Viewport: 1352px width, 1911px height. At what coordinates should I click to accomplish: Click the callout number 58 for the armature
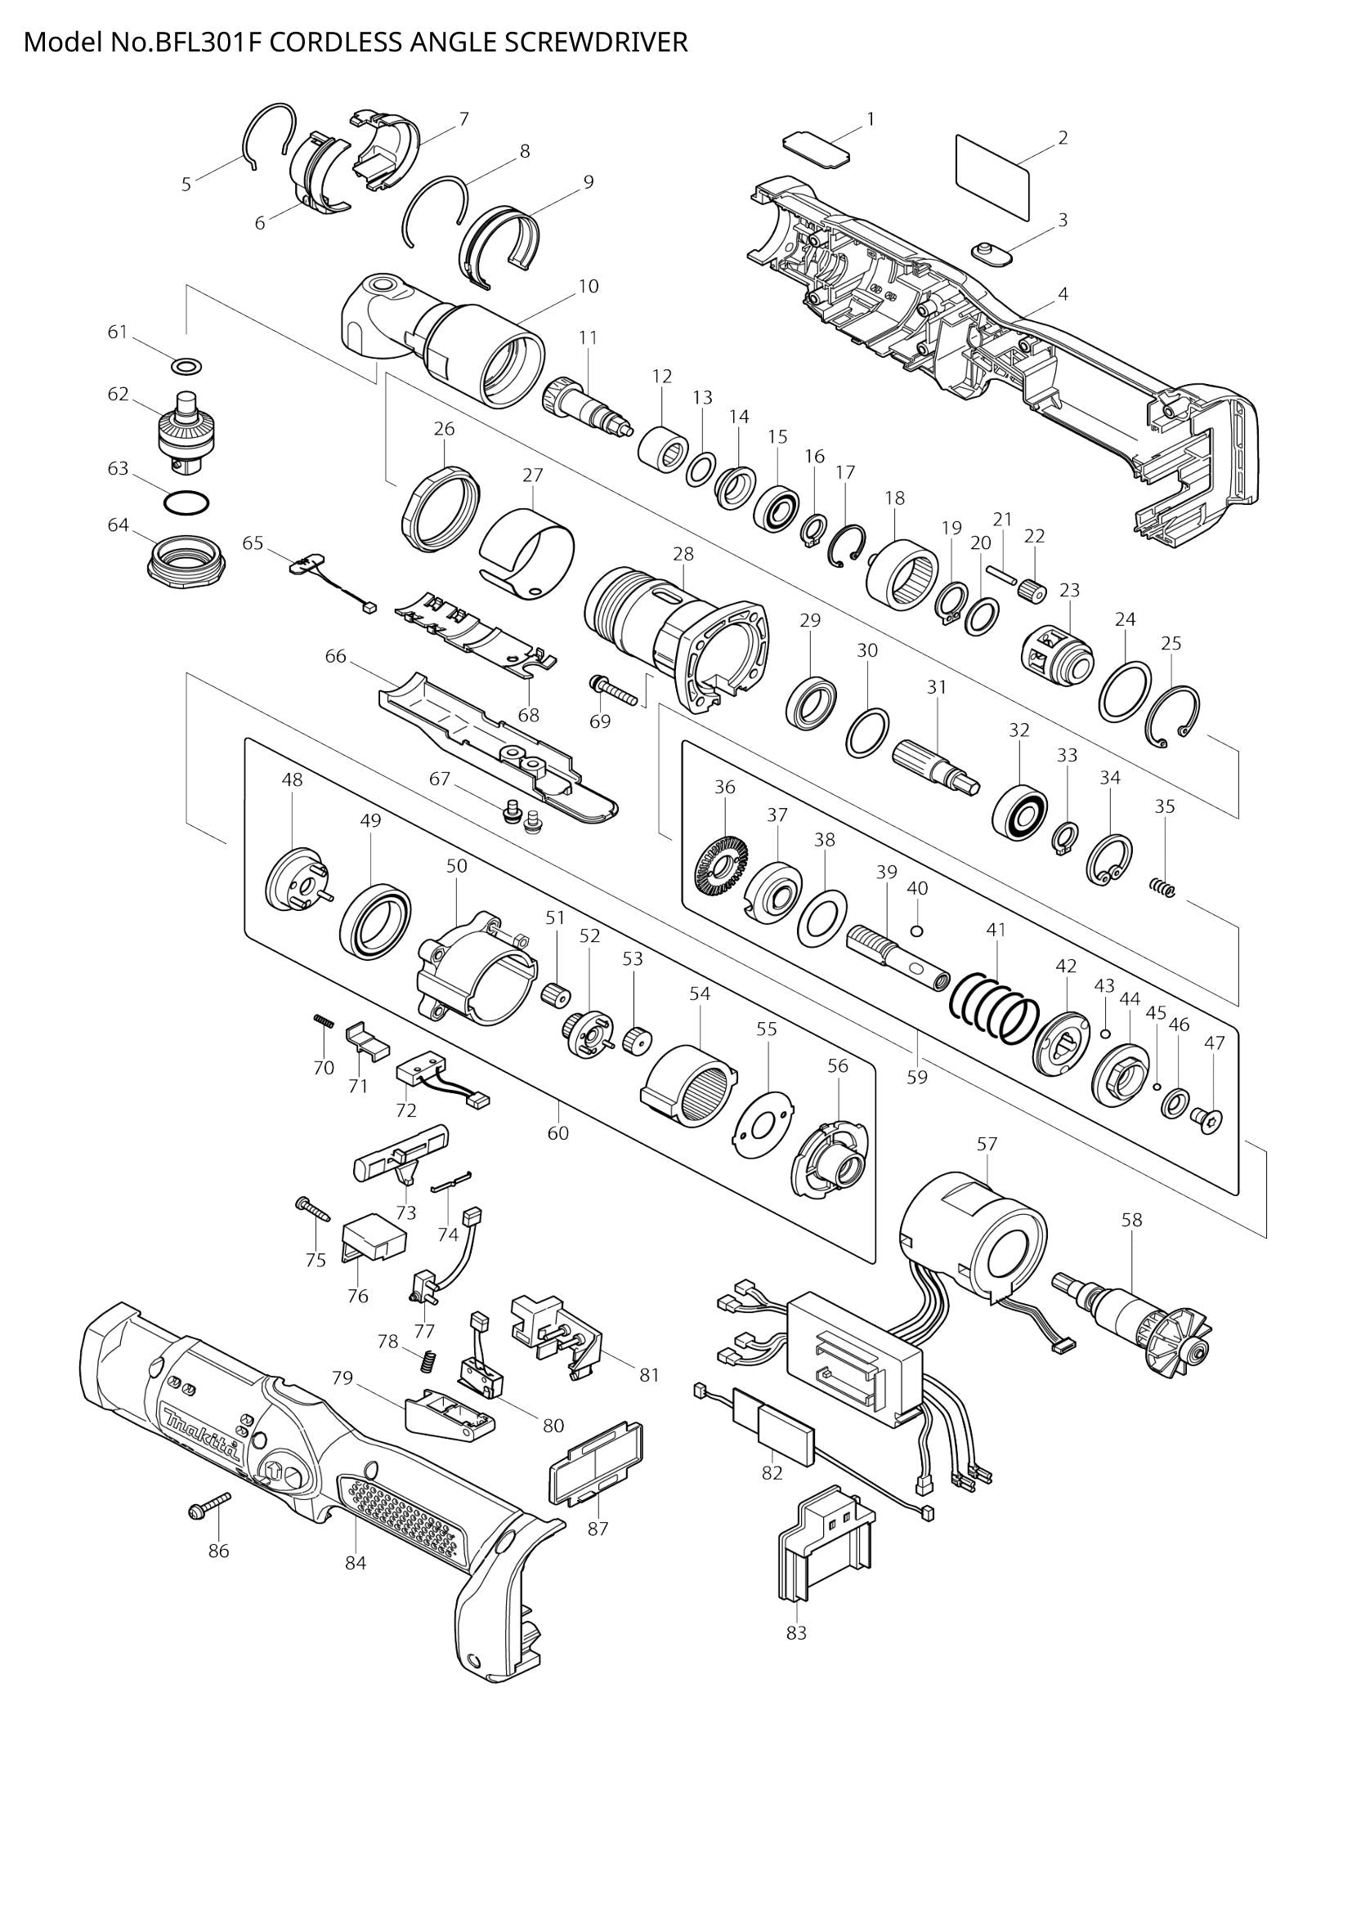click(x=1131, y=1220)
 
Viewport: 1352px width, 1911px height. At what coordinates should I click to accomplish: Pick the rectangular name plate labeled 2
click(x=992, y=177)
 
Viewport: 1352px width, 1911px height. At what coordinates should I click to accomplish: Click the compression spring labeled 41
click(x=996, y=1008)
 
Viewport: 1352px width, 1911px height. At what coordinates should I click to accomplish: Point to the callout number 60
click(x=557, y=1132)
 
